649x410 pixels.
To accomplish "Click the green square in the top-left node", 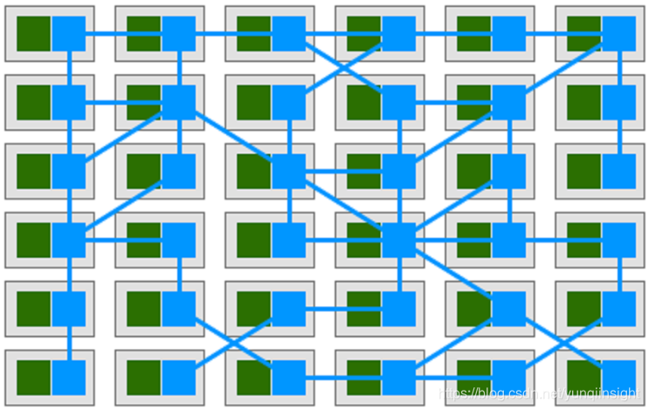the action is click(x=34, y=33).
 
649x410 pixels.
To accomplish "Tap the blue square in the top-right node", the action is click(x=619, y=33).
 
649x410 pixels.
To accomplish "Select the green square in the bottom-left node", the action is click(x=34, y=378).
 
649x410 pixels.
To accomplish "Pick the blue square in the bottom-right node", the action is click(x=619, y=378).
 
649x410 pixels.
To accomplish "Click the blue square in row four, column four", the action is click(x=399, y=240).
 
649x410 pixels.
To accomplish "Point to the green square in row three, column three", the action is click(x=254, y=171).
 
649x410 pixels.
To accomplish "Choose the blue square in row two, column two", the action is click(x=179, y=102).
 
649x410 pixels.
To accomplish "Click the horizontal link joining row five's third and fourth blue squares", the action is click(x=343, y=309).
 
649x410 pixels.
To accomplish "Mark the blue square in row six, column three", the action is click(x=289, y=378).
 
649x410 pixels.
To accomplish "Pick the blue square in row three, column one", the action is click(x=69, y=171).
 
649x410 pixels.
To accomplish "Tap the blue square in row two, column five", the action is click(x=509, y=102).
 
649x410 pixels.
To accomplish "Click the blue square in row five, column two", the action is click(x=179, y=309).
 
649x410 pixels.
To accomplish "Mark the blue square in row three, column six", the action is click(x=619, y=171).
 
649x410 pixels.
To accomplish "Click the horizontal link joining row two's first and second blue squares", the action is click(x=124, y=102).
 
